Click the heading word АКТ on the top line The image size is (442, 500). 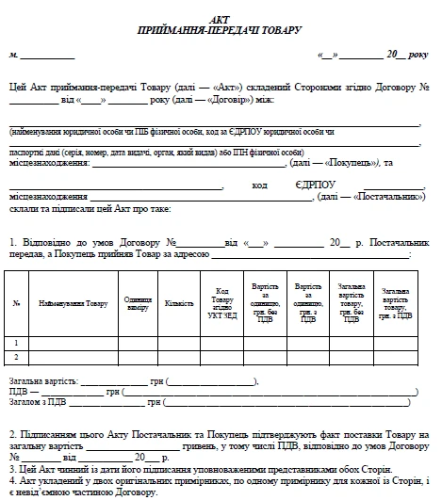221,20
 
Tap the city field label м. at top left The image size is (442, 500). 13,56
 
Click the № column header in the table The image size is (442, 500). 16,304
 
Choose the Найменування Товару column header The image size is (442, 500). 73,304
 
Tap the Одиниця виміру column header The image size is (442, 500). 138,304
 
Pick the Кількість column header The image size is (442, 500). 179,304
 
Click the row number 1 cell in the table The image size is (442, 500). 16,343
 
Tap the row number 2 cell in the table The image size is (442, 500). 16,357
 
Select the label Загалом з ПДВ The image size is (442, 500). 39,402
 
